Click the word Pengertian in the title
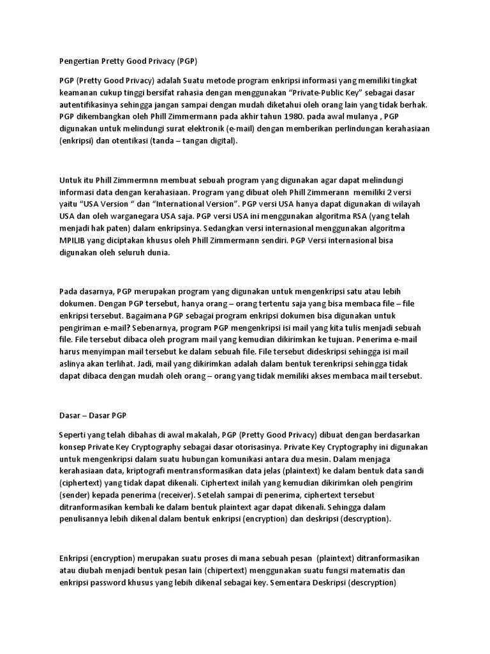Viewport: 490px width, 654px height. pyautogui.click(x=75, y=62)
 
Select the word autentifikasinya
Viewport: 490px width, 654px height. pyautogui.click(x=92, y=105)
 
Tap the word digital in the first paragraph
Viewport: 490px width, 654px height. pyautogui.click(x=219, y=141)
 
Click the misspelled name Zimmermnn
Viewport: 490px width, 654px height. pyautogui.click(x=145, y=181)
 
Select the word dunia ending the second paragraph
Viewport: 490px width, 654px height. pyautogui.click(x=157, y=254)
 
